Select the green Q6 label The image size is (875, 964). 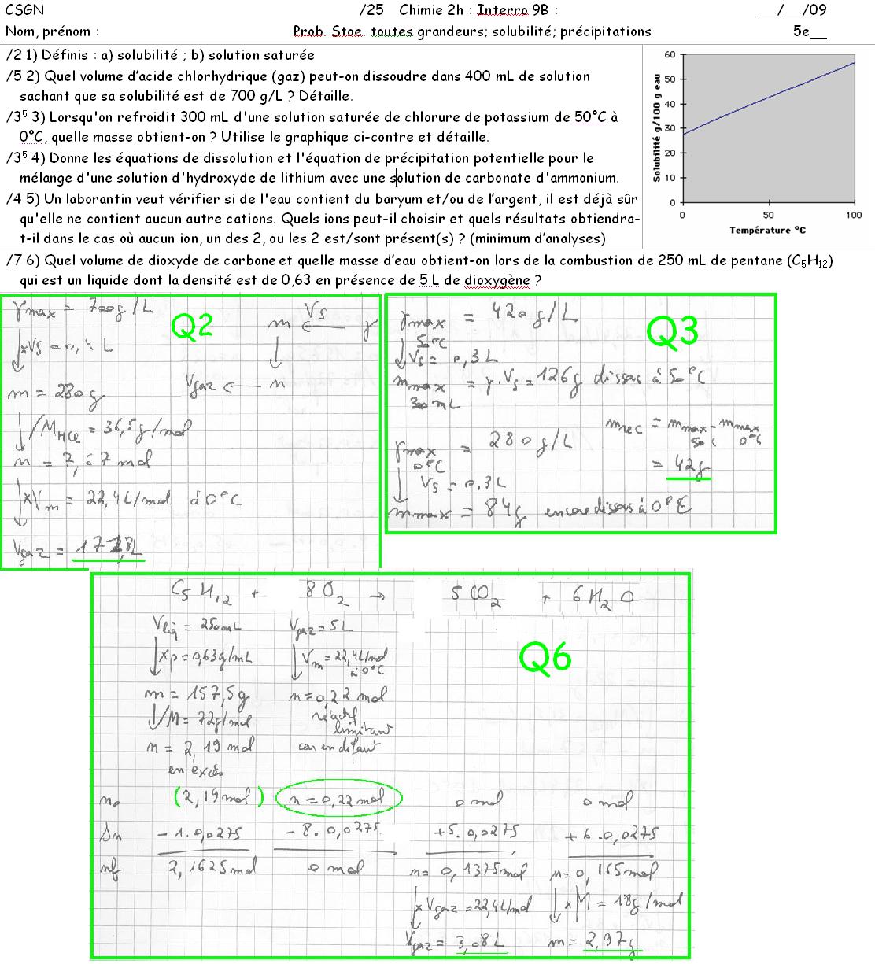pyautogui.click(x=545, y=658)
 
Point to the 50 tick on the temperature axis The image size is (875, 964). pyautogui.click(x=768, y=215)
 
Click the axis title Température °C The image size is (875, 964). pyautogui.click(x=767, y=230)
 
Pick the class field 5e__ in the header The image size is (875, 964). pyautogui.click(x=810, y=31)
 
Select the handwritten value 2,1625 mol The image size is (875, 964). pyautogui.click(x=202, y=867)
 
